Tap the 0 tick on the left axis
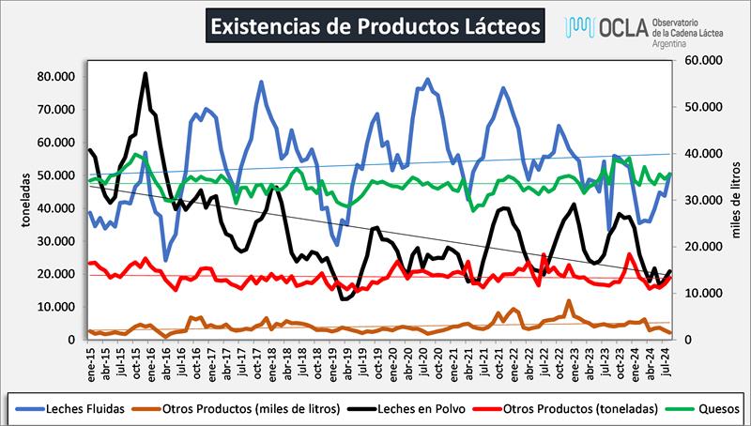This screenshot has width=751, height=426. [70, 340]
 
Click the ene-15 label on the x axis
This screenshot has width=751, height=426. [90, 361]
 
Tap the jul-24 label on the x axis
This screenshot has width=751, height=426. [664, 361]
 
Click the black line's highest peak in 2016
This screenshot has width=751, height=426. [146, 73]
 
